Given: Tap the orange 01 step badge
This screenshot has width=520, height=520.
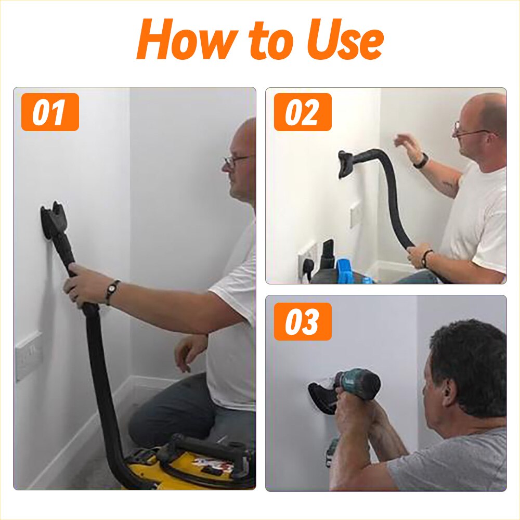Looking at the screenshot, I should pos(50,112).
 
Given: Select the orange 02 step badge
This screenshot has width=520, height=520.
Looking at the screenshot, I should pos(303,112).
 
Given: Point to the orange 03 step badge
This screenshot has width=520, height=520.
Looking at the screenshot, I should pos(303,321).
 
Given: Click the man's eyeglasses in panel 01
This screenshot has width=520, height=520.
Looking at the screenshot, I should pos(237,161).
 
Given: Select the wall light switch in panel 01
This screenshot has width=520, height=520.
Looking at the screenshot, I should pos(29,356).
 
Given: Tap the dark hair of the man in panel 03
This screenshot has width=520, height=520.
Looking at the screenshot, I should pos(465,354).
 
